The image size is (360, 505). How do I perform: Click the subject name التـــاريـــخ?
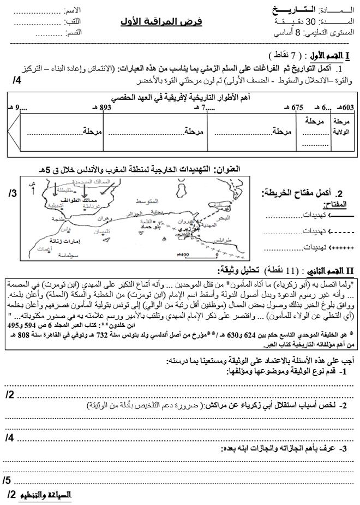point(293,10)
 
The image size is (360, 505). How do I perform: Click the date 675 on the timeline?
point(297,107)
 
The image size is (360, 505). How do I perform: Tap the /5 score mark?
point(9,480)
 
